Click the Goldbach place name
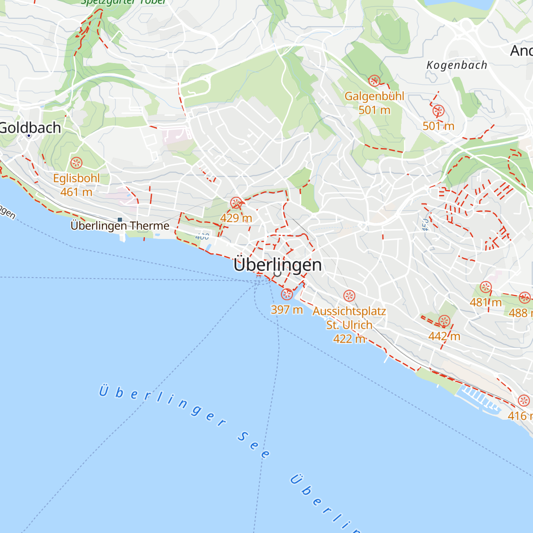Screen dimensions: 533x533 pos(30,127)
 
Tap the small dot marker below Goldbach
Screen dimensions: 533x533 pos(29,135)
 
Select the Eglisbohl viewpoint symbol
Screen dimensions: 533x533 pos(76,163)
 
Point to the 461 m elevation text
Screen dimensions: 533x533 pos(76,192)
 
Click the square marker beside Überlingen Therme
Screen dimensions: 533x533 pos(119,219)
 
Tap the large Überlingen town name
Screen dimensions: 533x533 pos(278,265)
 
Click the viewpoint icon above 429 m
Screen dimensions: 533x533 pos(236,203)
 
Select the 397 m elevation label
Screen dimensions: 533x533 pos(286,309)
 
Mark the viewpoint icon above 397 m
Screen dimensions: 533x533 pos(287,294)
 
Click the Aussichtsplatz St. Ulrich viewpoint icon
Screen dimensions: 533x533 pos(350,295)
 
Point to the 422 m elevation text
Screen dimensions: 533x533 pos(349,339)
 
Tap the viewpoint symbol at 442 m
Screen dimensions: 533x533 pos(444,321)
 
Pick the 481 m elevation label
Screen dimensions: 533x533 pos(485,302)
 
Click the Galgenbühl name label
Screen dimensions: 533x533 pos(374,96)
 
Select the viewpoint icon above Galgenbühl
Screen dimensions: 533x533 pos(374,81)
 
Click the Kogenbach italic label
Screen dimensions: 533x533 pos(457,65)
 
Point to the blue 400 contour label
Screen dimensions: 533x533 pos(202,237)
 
